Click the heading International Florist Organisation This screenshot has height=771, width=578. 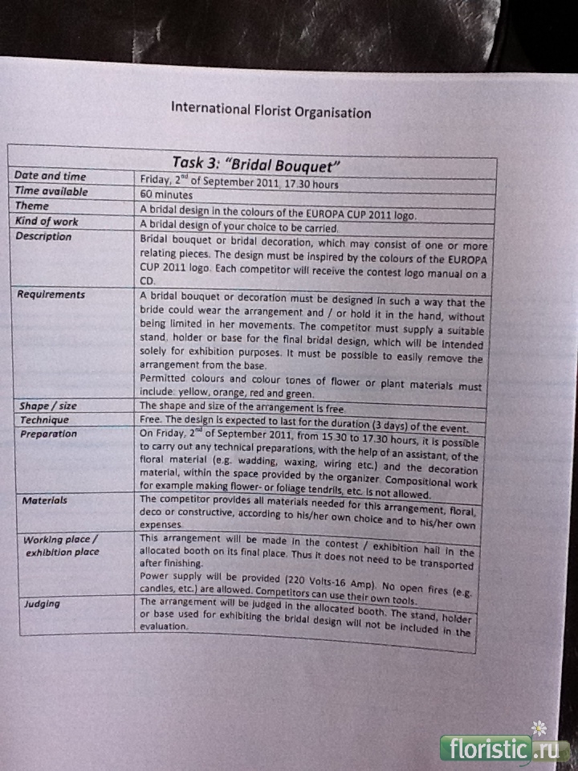click(x=271, y=110)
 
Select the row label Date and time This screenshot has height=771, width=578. click(x=50, y=176)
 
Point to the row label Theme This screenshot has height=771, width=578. click(x=32, y=206)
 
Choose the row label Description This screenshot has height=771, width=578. click(x=43, y=236)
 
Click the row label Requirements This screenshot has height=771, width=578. click(x=51, y=294)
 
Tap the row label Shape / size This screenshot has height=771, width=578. click(x=48, y=406)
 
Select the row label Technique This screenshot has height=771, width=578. click(x=45, y=419)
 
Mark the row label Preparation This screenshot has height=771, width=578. click(x=49, y=434)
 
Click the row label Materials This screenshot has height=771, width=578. click(x=45, y=500)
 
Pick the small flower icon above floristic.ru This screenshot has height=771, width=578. click(x=539, y=728)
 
